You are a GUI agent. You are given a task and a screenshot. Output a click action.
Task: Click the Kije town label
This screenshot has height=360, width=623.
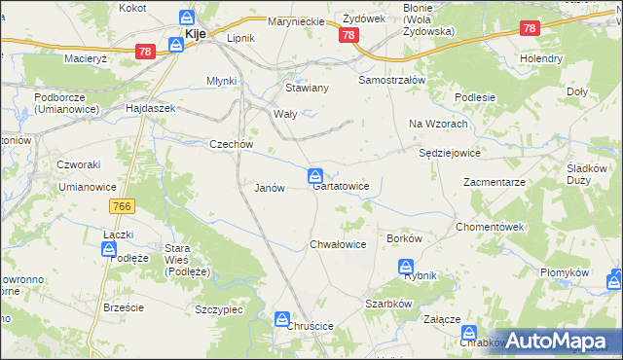[195, 35]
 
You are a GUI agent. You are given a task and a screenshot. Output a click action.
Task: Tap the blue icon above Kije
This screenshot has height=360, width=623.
[186, 17]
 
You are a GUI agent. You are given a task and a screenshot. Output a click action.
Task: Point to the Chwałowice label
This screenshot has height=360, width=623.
[338, 244]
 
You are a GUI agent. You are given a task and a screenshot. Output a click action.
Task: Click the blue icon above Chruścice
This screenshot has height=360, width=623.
[282, 317]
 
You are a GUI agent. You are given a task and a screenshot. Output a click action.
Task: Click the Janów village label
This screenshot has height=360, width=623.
[269, 188]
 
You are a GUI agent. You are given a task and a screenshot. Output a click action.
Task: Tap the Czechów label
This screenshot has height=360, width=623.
[232, 144]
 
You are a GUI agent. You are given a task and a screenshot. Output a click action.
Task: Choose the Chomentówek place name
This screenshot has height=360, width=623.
[491, 227]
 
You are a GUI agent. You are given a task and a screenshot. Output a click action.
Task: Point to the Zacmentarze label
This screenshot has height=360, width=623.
[495, 182]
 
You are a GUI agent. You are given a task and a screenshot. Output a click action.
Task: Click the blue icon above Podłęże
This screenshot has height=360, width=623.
[109, 250]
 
